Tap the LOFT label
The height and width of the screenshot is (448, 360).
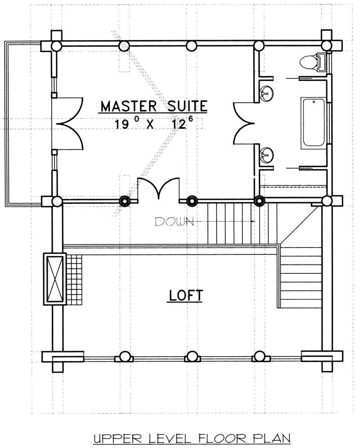186,295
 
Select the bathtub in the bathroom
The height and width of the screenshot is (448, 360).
314,122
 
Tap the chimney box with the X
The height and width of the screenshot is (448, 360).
54,279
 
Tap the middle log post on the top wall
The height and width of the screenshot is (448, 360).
191,45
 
